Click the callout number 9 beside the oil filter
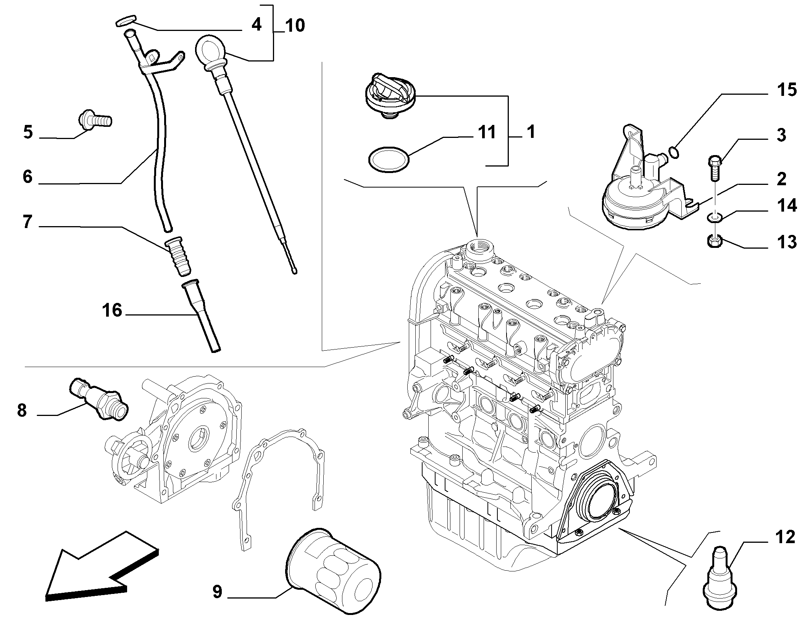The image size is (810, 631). click(217, 592)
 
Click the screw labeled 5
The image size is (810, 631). click(95, 119)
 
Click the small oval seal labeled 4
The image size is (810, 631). click(126, 21)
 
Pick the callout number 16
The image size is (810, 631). click(112, 310)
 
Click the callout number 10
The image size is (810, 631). click(295, 26)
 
